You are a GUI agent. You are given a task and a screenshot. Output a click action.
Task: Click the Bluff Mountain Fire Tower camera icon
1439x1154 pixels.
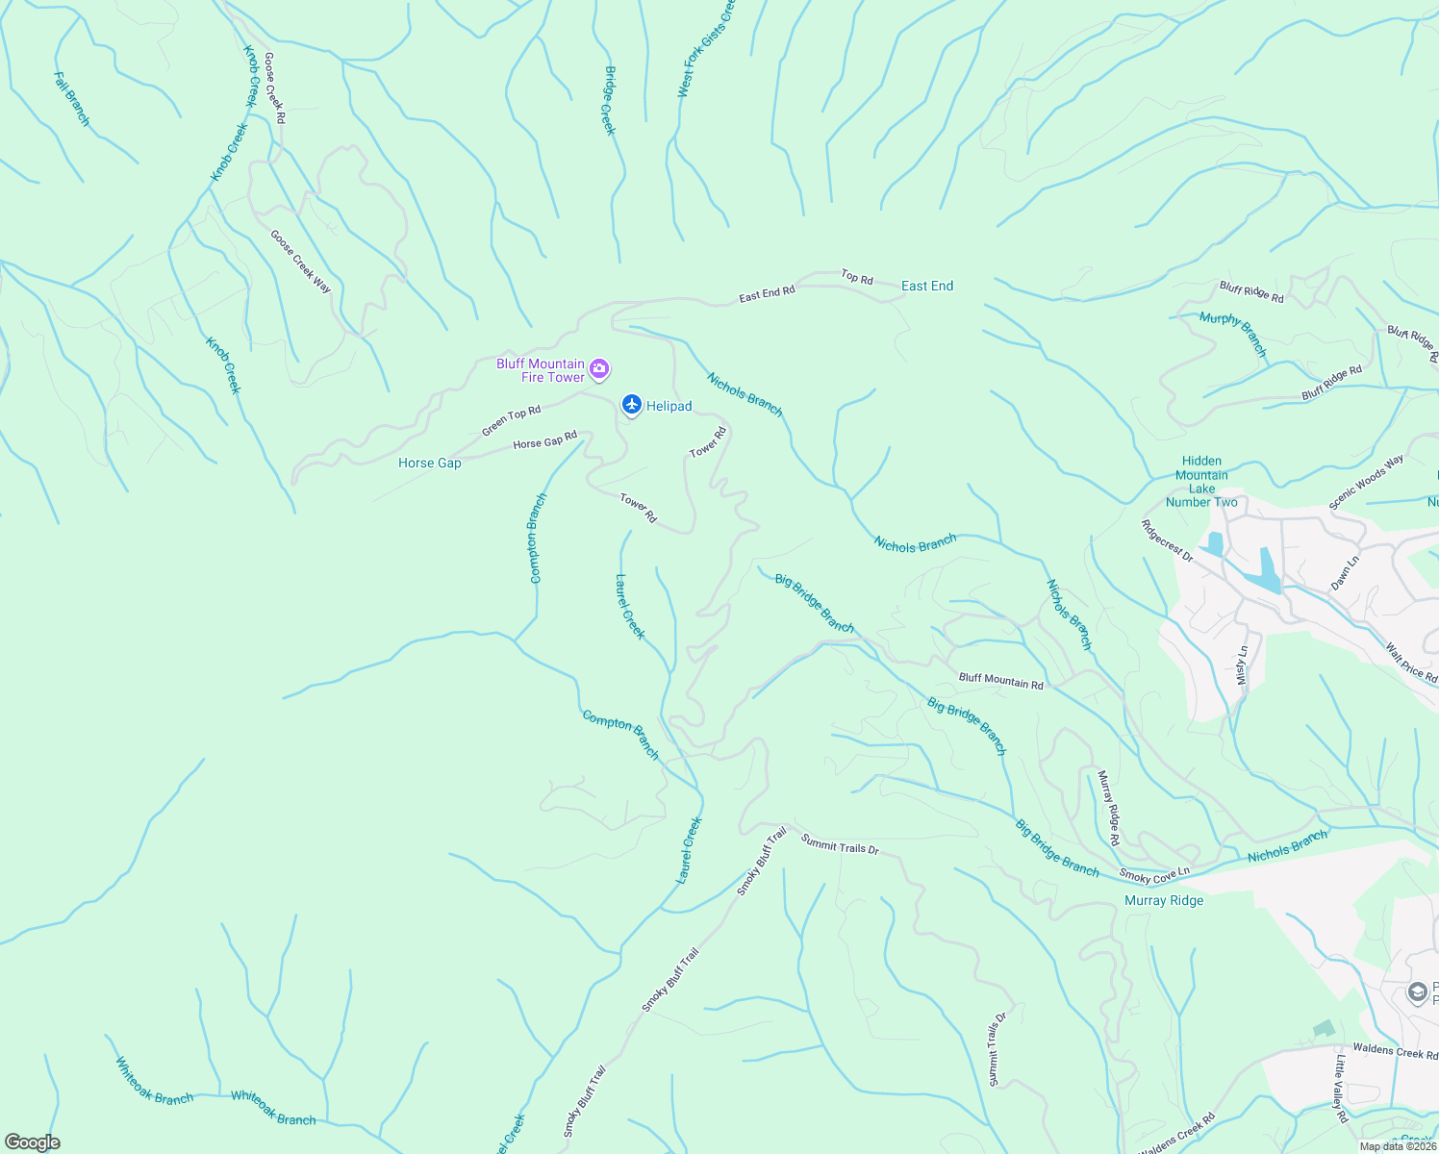click(x=599, y=369)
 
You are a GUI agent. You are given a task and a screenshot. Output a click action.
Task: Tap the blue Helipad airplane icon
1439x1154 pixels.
click(x=631, y=406)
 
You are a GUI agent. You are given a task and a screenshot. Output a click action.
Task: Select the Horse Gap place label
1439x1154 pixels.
click(x=429, y=464)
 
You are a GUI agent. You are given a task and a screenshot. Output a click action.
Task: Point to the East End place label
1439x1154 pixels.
click(x=927, y=286)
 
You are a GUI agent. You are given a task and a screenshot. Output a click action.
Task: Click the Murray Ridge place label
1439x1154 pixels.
click(x=1164, y=901)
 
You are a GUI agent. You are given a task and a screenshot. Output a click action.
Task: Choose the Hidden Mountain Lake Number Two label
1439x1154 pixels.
click(x=1201, y=482)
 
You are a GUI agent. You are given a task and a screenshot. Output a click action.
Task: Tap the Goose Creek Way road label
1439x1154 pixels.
click(x=300, y=262)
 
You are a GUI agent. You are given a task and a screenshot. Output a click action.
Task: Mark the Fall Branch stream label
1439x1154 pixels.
click(x=72, y=99)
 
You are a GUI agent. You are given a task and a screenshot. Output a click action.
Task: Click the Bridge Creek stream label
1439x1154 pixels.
click(x=608, y=101)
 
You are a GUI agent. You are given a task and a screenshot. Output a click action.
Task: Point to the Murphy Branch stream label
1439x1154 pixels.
click(x=1233, y=334)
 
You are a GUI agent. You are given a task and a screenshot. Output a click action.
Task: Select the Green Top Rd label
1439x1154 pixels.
click(x=511, y=420)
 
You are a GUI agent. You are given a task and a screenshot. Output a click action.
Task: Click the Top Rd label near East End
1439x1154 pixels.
click(x=856, y=278)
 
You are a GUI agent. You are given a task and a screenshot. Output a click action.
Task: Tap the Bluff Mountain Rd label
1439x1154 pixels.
click(x=1000, y=681)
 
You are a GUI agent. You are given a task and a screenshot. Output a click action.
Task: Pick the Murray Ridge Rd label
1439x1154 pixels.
click(x=1108, y=808)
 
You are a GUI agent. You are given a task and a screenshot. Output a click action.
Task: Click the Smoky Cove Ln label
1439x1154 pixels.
click(x=1154, y=875)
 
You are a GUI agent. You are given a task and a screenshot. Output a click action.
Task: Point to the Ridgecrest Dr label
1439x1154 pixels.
click(x=1167, y=541)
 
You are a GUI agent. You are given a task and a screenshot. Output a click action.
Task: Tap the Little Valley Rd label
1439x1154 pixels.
click(x=1342, y=1089)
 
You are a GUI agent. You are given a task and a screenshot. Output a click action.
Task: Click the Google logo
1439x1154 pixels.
click(x=32, y=1142)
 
